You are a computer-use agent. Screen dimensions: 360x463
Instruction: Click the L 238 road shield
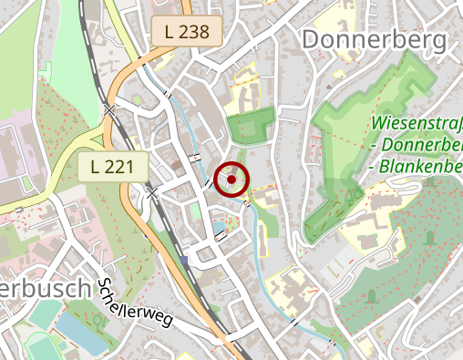(x=187, y=32)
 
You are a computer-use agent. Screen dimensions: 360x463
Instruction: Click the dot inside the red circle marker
(x=231, y=180)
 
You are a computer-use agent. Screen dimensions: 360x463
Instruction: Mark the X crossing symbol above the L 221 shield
(x=110, y=109)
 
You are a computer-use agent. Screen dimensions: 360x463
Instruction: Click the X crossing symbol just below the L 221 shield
(x=152, y=193)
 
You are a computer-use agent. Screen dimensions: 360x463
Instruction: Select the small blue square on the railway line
(x=184, y=260)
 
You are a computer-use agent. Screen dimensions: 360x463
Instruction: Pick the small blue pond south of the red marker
(x=219, y=226)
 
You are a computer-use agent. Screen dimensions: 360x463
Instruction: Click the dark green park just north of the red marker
(x=251, y=127)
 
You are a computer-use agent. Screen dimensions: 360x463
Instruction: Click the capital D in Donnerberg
(x=310, y=40)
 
